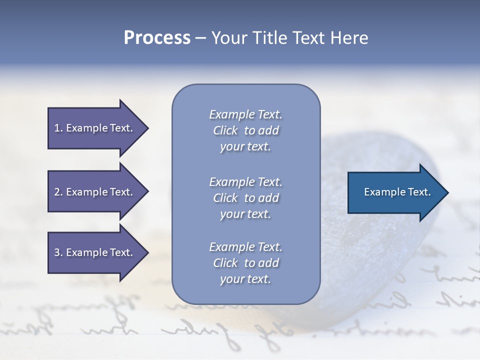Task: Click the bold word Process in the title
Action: pos(157,38)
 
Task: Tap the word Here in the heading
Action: pos(350,38)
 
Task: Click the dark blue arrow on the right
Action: pos(395,192)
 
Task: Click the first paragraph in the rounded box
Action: pos(245,130)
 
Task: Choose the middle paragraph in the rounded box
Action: pos(245,198)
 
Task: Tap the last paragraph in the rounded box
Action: pos(245,263)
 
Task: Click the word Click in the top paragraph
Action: pos(225,130)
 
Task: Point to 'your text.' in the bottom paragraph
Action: pos(245,279)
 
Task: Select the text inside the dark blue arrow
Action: pos(397,192)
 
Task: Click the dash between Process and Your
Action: pos(200,38)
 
